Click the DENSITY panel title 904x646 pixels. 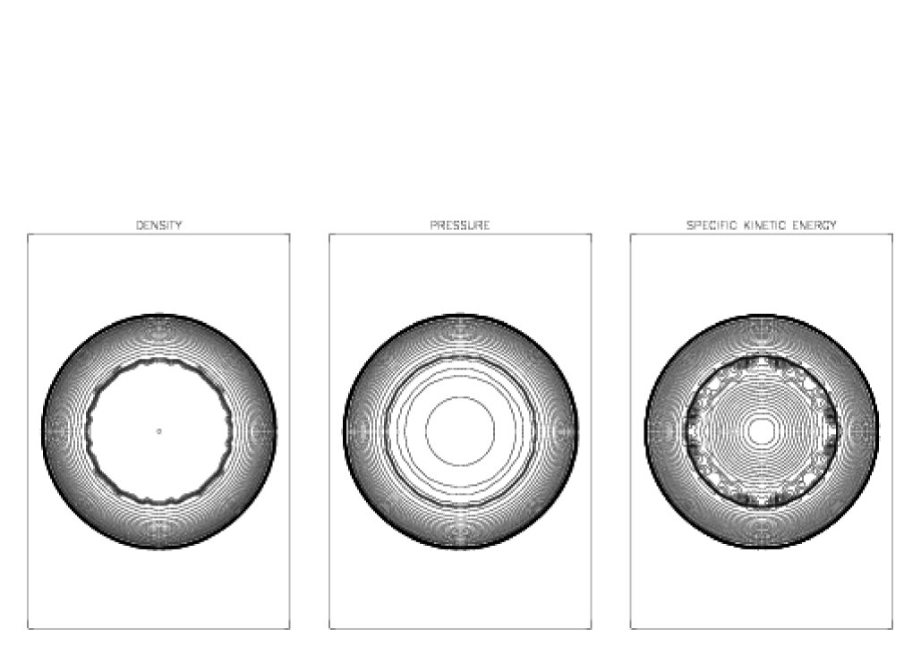click(x=158, y=225)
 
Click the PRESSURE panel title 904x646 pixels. click(x=460, y=225)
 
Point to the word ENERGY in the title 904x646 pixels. click(x=814, y=225)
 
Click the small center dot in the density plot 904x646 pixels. click(x=159, y=431)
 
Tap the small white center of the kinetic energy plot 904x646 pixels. click(x=762, y=431)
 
